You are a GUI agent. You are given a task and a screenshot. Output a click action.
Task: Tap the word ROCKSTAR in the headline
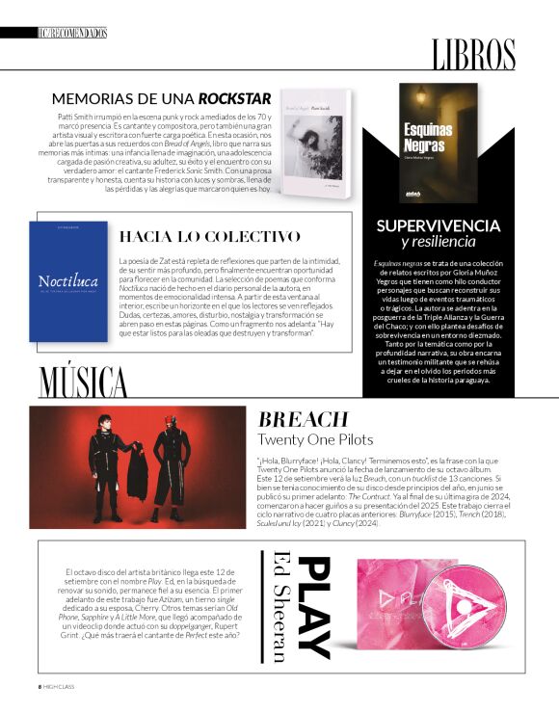(x=234, y=98)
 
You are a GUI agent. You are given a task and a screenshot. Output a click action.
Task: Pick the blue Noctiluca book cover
(x=67, y=280)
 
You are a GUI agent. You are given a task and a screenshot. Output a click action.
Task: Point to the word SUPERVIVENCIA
(x=438, y=225)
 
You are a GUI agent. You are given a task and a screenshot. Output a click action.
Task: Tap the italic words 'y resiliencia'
(x=438, y=242)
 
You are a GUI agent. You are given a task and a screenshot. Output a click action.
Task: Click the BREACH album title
(x=303, y=419)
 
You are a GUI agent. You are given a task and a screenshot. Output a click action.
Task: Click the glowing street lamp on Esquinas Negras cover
(x=420, y=95)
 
